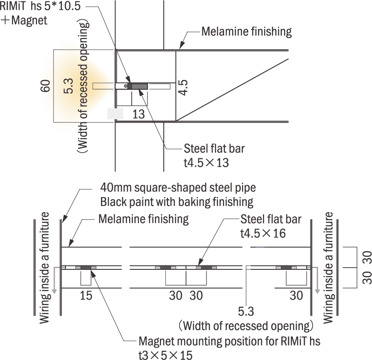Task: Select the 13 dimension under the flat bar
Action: click(x=139, y=114)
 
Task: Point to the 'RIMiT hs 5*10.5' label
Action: click(x=42, y=7)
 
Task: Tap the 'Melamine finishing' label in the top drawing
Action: click(x=246, y=32)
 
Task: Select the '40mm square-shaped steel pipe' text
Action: click(x=177, y=188)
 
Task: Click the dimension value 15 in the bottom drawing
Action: click(x=86, y=295)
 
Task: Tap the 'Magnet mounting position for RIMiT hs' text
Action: click(x=229, y=342)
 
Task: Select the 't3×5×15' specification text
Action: click(x=165, y=355)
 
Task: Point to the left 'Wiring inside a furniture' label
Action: click(x=45, y=268)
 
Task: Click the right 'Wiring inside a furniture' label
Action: click(x=328, y=268)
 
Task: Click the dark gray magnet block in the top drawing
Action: click(x=139, y=86)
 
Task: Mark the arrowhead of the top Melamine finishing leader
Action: click(x=180, y=46)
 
